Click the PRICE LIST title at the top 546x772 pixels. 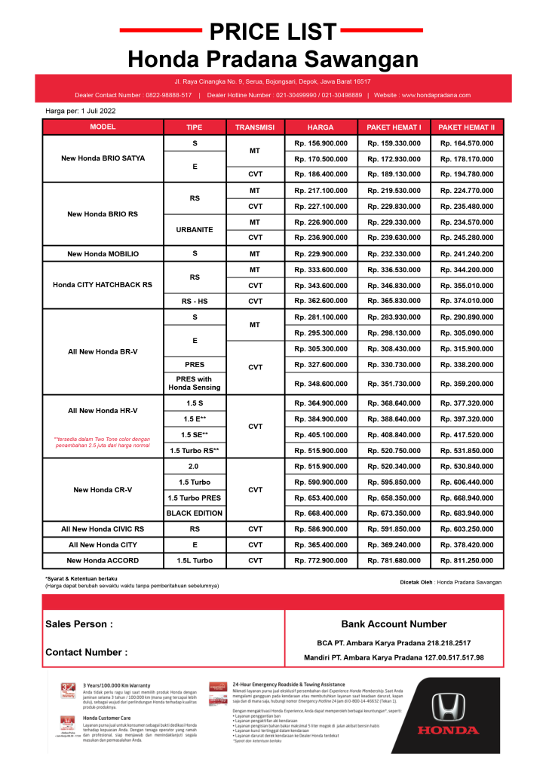tap(272, 32)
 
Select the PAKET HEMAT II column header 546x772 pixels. tap(466, 127)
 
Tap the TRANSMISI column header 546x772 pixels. tap(255, 127)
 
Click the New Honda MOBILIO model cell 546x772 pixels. tap(103, 254)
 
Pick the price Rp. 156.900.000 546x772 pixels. tap(321, 143)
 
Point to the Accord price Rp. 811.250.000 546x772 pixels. tap(466, 560)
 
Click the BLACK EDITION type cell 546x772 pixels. tap(195, 513)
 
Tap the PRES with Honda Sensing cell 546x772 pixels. tap(195, 383)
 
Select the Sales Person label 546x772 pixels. tap(79, 624)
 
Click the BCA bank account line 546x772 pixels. tap(394, 643)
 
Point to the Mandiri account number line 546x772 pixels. tap(394, 657)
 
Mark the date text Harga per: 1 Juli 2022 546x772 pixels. tap(81, 111)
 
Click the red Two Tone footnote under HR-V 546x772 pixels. tap(103, 443)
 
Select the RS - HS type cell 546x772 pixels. tap(195, 302)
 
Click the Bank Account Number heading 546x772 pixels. tap(394, 624)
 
